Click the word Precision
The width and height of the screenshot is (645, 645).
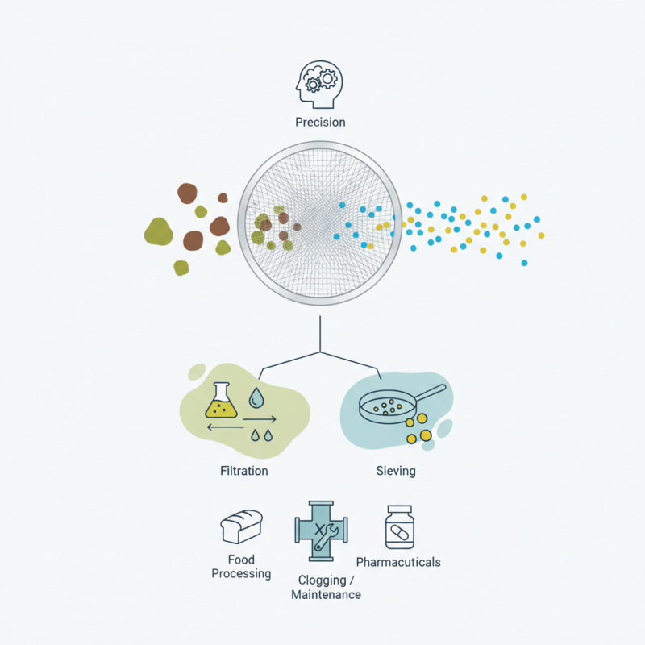click(320, 123)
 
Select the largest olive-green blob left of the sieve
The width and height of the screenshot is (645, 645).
click(159, 231)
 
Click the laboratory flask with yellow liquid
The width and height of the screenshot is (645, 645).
click(222, 401)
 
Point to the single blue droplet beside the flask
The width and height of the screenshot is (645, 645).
click(257, 397)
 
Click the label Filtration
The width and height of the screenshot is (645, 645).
click(243, 470)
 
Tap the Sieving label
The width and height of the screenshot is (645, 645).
click(396, 470)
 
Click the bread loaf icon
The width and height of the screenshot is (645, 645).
click(242, 526)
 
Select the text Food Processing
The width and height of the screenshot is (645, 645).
click(241, 567)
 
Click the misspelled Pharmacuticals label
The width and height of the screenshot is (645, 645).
click(398, 562)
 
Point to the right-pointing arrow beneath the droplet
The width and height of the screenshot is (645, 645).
click(260, 419)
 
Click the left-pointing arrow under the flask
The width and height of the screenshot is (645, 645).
click(226, 427)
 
